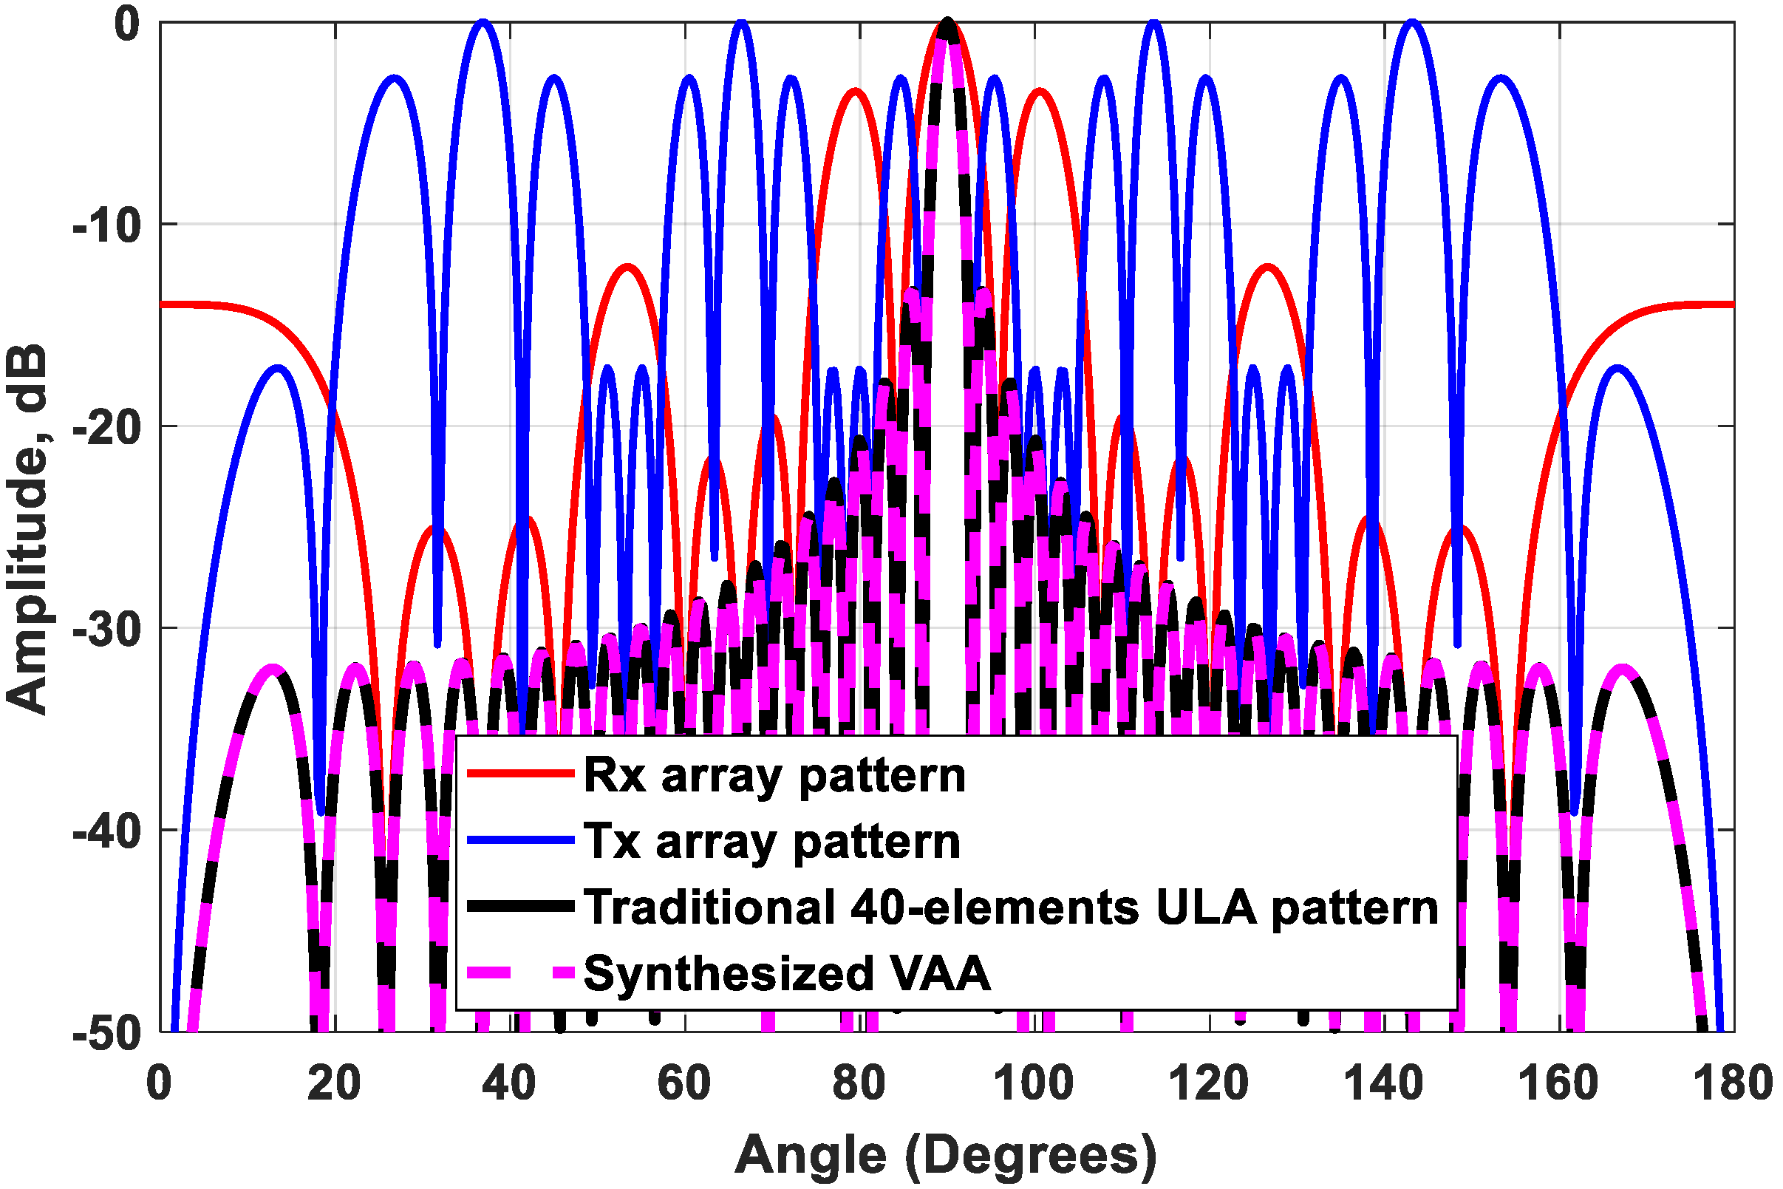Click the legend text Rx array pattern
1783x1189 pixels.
tap(774, 776)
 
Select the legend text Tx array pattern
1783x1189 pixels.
tap(771, 842)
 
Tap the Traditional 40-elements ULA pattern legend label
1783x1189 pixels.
tap(1011, 907)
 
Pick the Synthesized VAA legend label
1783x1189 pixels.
tap(787, 974)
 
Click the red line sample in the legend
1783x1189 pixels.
tap(520, 774)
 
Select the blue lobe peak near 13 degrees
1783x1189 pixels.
tap(279, 369)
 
